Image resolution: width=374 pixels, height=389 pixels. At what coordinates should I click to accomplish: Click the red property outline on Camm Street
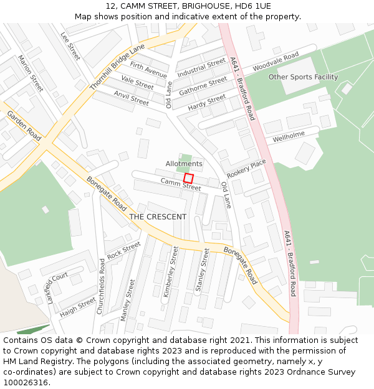click(x=188, y=178)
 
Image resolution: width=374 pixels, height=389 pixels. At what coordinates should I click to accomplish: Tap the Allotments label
click(x=184, y=164)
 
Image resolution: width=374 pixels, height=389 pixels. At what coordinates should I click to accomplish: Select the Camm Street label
click(x=181, y=184)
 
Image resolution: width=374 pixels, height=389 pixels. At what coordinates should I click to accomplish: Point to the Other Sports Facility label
click(x=303, y=77)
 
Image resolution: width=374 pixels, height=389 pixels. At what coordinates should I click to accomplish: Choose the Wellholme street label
click(x=289, y=134)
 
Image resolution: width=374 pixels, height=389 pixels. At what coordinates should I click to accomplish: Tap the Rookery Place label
click(x=246, y=168)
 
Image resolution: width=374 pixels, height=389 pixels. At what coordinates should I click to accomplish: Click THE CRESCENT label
click(x=158, y=217)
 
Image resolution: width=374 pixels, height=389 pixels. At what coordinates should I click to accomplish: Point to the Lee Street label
click(x=70, y=46)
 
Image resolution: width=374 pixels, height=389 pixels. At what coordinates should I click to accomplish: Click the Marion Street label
click(x=30, y=73)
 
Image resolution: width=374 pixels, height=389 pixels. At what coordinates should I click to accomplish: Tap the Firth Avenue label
click(x=148, y=69)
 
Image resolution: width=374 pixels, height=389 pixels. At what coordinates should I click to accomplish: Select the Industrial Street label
click(x=201, y=68)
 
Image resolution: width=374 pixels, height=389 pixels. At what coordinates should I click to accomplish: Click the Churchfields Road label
click(x=102, y=287)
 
